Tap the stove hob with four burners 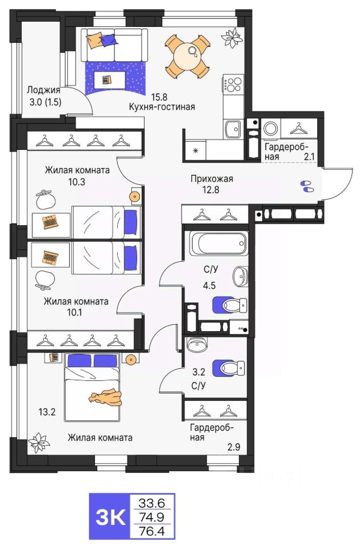coord(233,85)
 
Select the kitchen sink coord(233,129)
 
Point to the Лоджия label coord(43,91)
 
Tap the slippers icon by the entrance coord(307,186)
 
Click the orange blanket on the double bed coord(105,396)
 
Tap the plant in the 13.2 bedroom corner coord(38,441)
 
